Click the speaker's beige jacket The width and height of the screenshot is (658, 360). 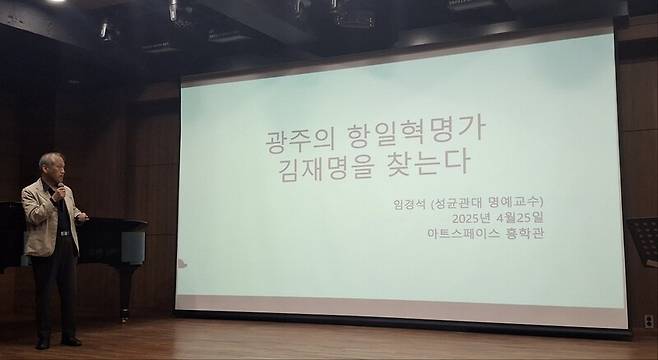click(x=40, y=215)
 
